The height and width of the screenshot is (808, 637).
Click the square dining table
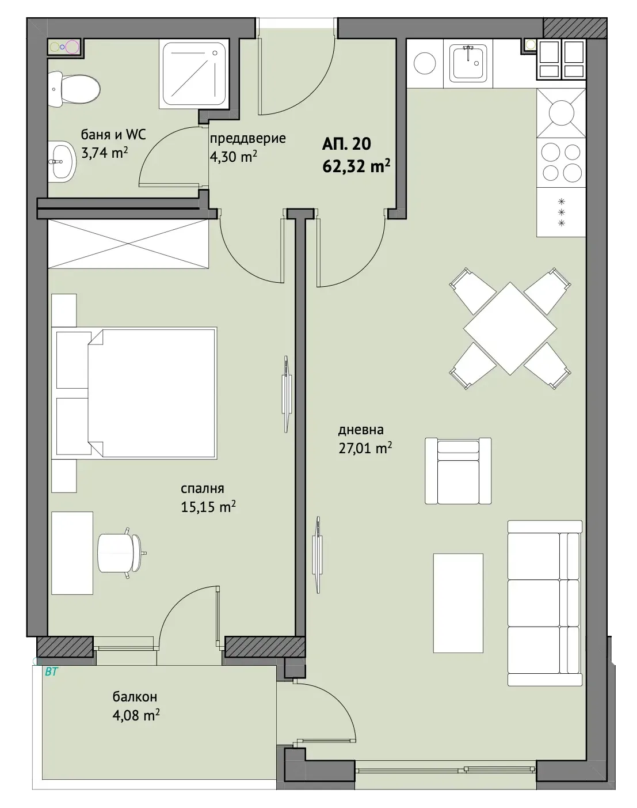(x=510, y=328)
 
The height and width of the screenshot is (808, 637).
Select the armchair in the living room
(x=458, y=471)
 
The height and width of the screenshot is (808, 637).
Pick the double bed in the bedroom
(x=134, y=393)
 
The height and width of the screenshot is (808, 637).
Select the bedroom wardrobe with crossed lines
(x=128, y=244)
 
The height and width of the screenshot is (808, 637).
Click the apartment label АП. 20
(x=346, y=144)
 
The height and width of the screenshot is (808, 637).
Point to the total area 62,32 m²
(x=356, y=166)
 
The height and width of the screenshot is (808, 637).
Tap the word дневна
(x=361, y=430)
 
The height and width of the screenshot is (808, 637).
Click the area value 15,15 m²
(x=208, y=507)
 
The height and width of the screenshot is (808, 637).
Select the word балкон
(x=135, y=697)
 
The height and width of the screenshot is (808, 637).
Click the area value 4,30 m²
(x=234, y=157)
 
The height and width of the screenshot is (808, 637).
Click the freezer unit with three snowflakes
(x=561, y=213)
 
